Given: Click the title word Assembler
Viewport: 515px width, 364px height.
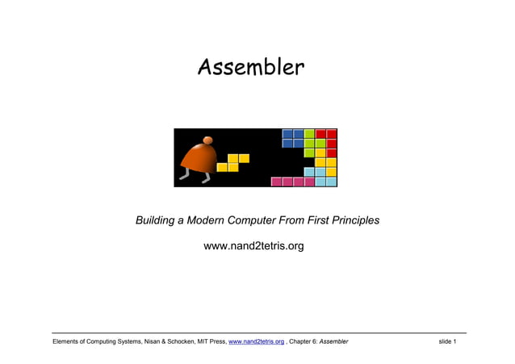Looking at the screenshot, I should [x=251, y=67].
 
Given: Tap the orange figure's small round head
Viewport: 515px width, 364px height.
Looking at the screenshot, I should [x=208, y=140].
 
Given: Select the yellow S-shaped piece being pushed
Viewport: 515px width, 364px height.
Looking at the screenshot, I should [x=232, y=162].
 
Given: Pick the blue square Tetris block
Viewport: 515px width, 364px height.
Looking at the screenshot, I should [x=293, y=138].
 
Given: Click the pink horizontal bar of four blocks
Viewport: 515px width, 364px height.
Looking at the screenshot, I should [x=292, y=182].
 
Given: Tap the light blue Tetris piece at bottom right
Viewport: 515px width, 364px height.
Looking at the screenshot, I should [x=322, y=176].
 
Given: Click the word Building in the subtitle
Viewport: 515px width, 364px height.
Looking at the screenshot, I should [x=158, y=220].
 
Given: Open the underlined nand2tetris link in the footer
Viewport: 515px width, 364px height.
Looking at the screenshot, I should [x=256, y=342].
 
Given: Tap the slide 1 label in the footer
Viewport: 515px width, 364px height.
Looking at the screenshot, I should [x=447, y=342].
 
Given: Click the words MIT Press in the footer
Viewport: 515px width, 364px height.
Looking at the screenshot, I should [x=207, y=342].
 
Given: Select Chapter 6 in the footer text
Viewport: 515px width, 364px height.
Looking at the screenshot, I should [x=304, y=342].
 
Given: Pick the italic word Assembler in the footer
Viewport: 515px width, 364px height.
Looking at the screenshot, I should [x=334, y=342].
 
